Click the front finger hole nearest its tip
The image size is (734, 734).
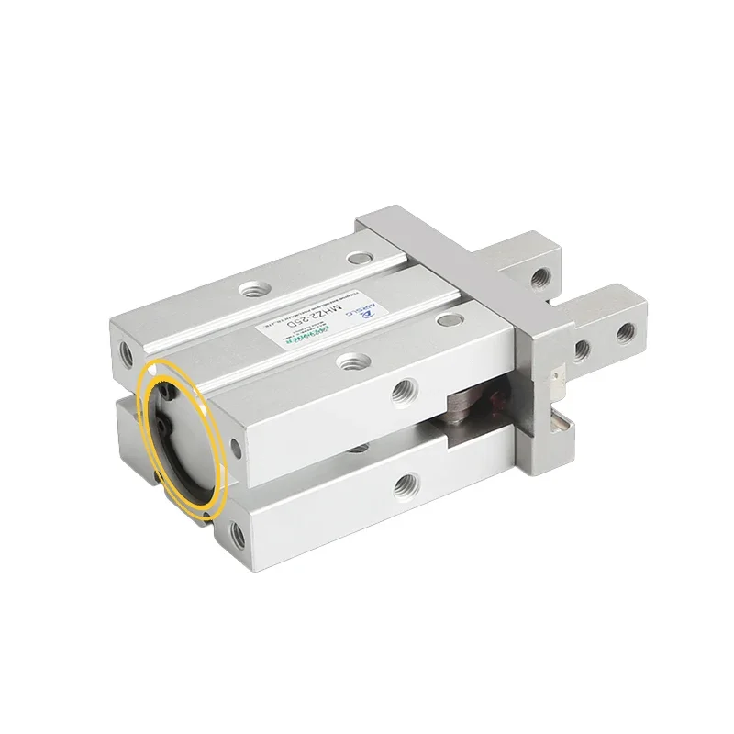click(628, 330)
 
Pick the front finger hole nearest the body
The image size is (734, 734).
click(582, 348)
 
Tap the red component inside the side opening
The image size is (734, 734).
click(495, 404)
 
